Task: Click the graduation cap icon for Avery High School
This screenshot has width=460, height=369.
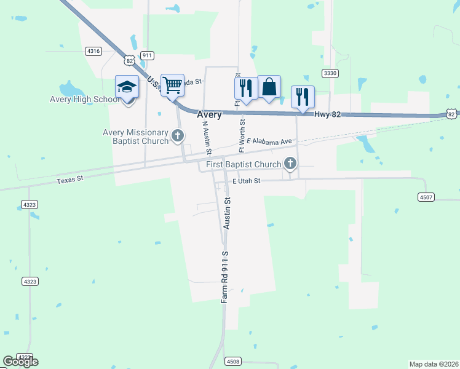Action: (127, 87)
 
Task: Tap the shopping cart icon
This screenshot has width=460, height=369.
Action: (172, 85)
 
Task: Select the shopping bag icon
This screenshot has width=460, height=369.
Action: (269, 87)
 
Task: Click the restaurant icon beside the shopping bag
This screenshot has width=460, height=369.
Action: (245, 87)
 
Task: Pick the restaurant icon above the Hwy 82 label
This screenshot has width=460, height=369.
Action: (303, 97)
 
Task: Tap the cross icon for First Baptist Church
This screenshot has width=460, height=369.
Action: (290, 164)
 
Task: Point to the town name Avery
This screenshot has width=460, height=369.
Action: (209, 115)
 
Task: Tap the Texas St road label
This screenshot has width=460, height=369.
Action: (69, 181)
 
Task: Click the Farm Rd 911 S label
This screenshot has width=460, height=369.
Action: (225, 276)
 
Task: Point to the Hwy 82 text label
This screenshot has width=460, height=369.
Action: (327, 114)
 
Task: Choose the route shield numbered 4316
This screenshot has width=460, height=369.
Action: (93, 51)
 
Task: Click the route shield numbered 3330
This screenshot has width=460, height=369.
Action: (330, 73)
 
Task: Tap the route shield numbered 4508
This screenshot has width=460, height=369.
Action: (232, 361)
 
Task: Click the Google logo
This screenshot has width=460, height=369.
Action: (20, 361)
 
